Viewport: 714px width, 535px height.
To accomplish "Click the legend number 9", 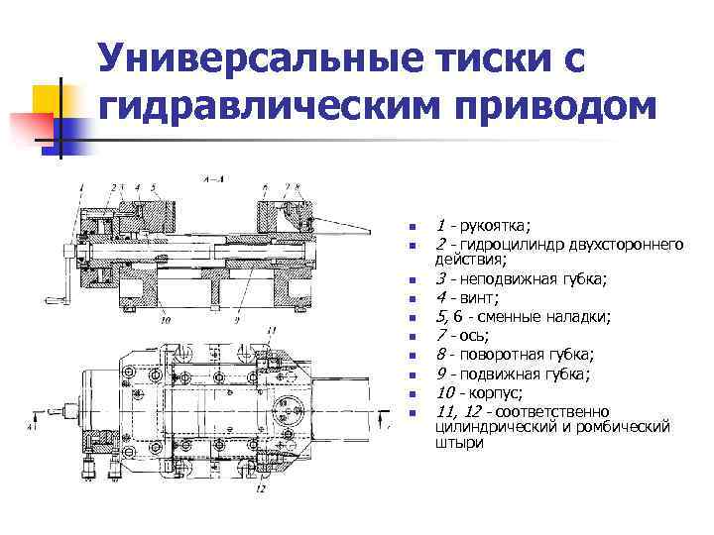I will [439, 374].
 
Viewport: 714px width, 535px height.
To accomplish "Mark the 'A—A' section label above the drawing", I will [212, 180].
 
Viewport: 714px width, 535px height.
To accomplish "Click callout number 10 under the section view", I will [164, 320].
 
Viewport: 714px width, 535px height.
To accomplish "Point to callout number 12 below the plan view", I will [260, 488].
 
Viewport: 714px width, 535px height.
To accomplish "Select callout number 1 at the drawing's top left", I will [80, 187].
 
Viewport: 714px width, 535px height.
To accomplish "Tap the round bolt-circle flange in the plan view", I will [291, 380].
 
